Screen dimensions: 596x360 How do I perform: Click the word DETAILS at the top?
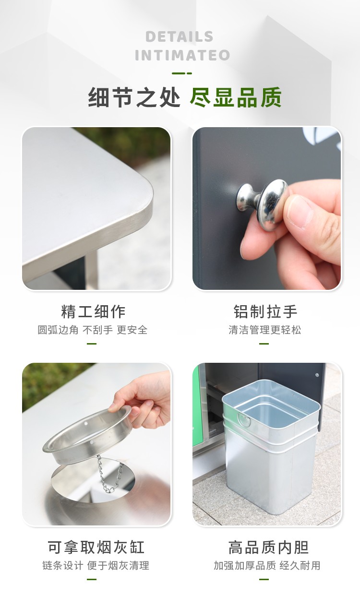click(180, 37)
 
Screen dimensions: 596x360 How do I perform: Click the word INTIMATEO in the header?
click(182, 55)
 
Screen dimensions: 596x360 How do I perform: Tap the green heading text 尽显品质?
click(235, 97)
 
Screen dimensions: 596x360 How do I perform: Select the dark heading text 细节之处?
click(134, 97)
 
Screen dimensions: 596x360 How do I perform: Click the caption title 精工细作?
click(93, 311)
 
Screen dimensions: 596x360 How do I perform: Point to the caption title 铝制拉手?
click(265, 311)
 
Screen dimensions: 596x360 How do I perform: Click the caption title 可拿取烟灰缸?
click(96, 547)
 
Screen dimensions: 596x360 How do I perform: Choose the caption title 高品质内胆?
click(268, 547)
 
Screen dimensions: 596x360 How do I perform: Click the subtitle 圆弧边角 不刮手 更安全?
click(93, 330)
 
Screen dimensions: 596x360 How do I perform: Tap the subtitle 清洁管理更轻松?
click(265, 330)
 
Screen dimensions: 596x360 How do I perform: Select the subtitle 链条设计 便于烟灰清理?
click(96, 566)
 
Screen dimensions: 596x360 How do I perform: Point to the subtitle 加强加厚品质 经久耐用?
click(267, 566)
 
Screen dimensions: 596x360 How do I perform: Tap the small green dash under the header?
click(182, 73)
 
